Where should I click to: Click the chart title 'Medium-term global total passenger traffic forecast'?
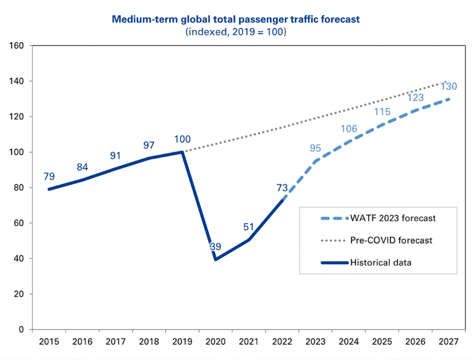point(235,19)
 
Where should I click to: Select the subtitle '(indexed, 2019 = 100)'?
point(235,32)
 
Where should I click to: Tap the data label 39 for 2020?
point(216,246)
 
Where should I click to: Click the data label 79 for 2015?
point(49,175)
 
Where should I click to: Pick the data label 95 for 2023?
point(315,148)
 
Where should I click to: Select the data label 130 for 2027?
point(448,87)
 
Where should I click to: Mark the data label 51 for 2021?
point(248,226)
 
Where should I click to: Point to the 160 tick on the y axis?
point(17,46)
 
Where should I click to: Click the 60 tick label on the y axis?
point(19,223)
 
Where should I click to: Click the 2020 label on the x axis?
point(216,342)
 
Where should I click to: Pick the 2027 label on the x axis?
point(448,342)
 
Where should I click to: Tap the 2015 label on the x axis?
point(49,342)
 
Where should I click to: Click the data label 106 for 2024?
point(349,129)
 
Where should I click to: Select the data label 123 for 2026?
point(415,98)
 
